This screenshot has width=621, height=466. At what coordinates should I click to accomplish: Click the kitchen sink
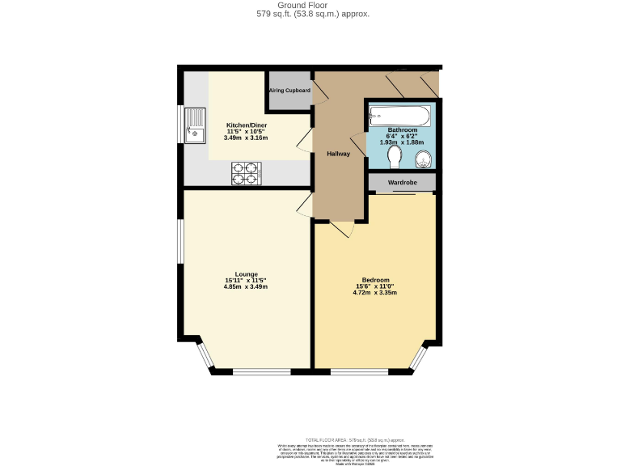pos(194,125)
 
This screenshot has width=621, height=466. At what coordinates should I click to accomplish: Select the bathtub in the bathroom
pos(401,115)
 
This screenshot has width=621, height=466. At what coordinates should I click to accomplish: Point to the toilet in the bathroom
pos(395,154)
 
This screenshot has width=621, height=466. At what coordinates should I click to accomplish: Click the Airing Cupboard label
pos(289,91)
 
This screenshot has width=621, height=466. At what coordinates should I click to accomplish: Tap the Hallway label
pos(338,154)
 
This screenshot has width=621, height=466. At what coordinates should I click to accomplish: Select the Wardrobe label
pos(402,183)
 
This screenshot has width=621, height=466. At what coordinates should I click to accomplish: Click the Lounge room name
pos(246,274)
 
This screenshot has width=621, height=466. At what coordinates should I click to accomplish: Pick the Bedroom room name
pos(375,280)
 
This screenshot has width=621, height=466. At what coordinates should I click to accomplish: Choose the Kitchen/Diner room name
pos(246,125)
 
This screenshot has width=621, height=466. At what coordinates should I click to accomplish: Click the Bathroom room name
pos(402,130)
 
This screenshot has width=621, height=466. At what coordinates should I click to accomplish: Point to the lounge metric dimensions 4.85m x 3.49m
pos(246,287)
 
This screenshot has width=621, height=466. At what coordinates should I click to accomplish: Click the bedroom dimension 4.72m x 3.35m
pos(375,293)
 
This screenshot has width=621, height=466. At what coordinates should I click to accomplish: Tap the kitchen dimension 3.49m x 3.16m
pos(246,138)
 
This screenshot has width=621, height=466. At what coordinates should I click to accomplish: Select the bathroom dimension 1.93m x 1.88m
pos(402,142)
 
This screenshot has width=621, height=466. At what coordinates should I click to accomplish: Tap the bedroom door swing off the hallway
pos(341,229)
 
